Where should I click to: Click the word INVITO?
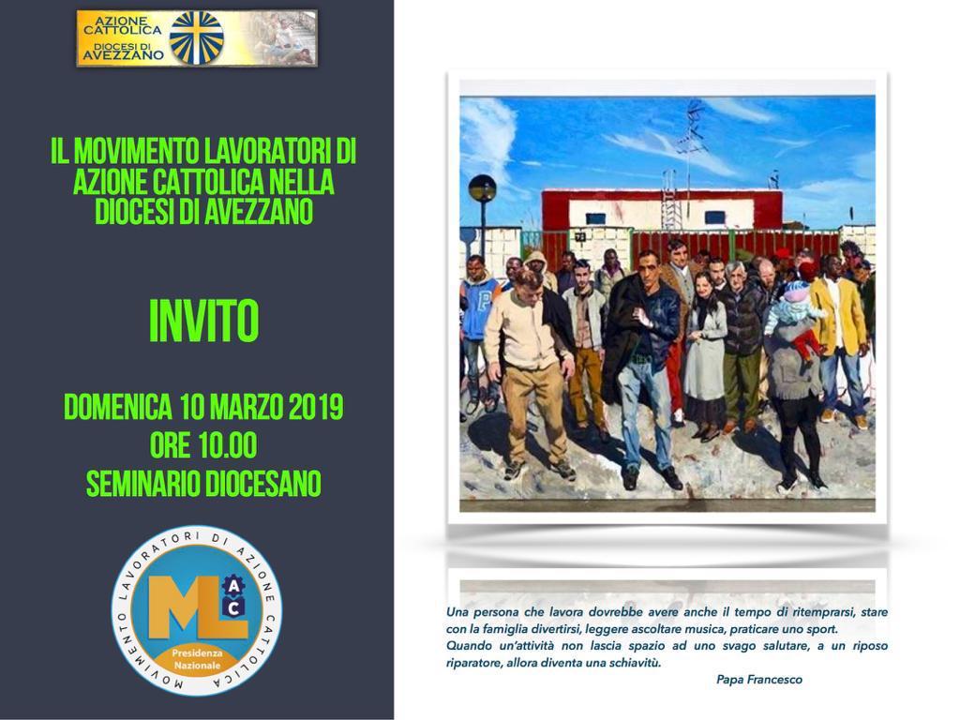point(203,322)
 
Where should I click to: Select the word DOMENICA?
point(117,407)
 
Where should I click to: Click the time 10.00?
point(227,445)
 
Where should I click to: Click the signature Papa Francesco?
point(759,680)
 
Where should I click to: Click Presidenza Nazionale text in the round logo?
point(197,659)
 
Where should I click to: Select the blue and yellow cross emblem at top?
point(197,37)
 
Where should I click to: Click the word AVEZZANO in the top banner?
point(123,55)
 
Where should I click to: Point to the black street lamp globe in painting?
point(482,187)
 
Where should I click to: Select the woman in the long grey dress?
point(705,356)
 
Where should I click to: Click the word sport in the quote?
point(821,629)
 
